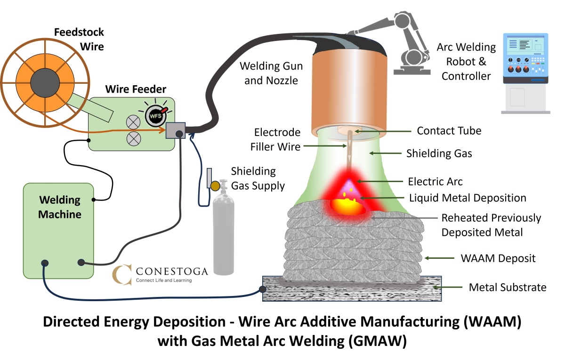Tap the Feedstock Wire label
[x=79, y=40]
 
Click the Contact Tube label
[x=449, y=130]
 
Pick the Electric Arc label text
[x=436, y=181]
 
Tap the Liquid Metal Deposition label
[x=468, y=198]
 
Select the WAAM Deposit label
[x=498, y=258]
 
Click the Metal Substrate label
[x=508, y=287]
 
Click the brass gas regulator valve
[x=215, y=185]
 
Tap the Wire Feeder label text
[x=135, y=89]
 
